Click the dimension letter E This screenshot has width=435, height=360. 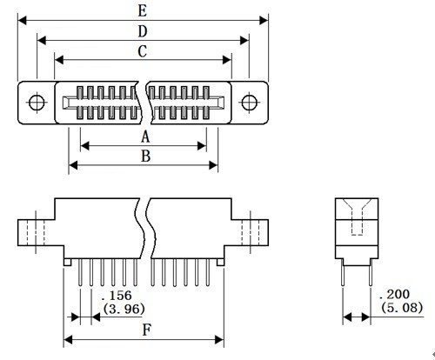[x=142, y=10]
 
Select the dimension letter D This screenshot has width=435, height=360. [x=142, y=31]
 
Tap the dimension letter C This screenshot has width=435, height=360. [x=142, y=51]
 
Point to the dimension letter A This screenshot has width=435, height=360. [x=145, y=137]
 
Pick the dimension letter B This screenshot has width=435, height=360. [x=145, y=156]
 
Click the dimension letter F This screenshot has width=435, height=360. [x=147, y=330]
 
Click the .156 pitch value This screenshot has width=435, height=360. [x=117, y=296]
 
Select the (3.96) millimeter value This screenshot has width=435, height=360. [x=124, y=309]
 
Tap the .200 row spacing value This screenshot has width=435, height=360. [x=394, y=295]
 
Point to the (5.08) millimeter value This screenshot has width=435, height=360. [x=402, y=308]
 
